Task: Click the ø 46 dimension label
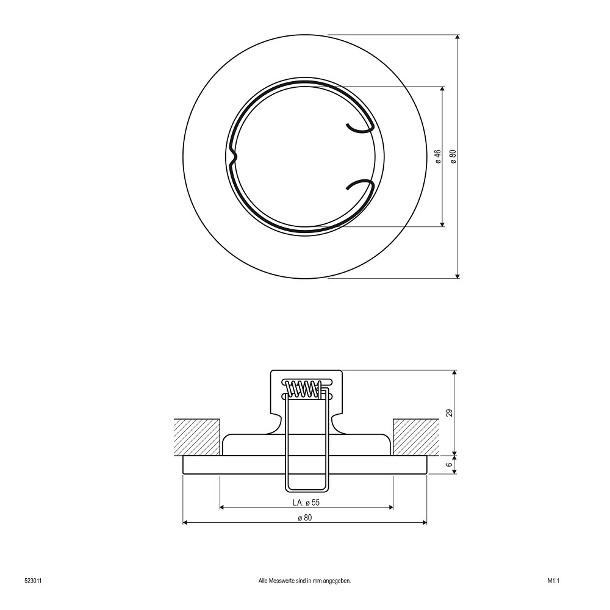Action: (438, 156)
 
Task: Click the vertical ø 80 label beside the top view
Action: (453, 156)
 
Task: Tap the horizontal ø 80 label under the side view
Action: (305, 517)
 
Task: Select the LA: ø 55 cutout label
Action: (306, 502)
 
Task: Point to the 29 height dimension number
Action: (450, 413)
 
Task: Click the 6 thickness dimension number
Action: (450, 464)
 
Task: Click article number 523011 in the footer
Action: (33, 581)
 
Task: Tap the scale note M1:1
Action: (553, 581)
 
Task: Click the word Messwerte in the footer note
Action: (281, 581)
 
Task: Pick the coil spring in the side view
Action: (304, 389)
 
